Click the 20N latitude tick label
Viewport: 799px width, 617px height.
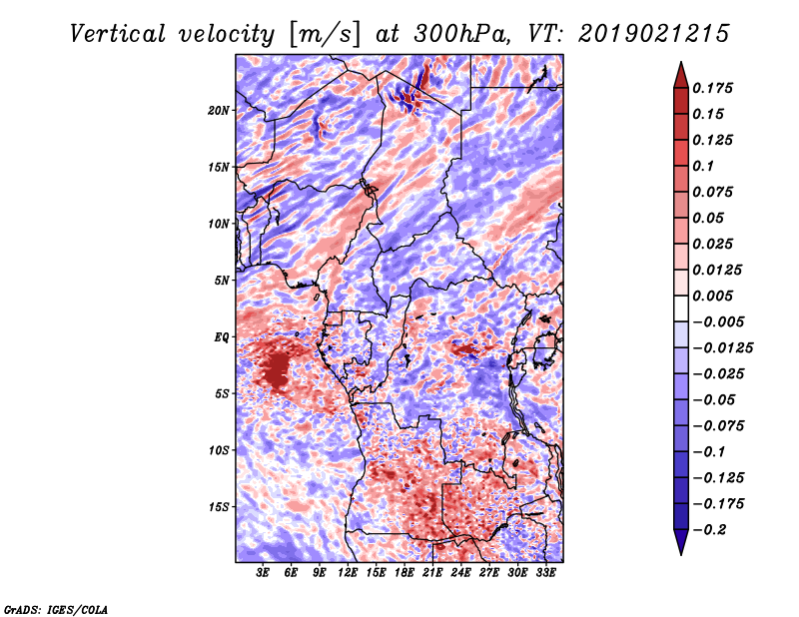tap(219, 111)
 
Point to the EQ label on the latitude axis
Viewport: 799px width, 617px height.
tap(222, 337)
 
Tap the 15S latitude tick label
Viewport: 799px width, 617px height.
tap(219, 507)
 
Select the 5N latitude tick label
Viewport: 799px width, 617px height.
tap(222, 281)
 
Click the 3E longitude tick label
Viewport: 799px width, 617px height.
tap(263, 573)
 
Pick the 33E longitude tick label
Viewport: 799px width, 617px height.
tap(545, 573)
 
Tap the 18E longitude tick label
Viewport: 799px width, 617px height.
tap(404, 573)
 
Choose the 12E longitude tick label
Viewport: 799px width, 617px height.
tap(348, 573)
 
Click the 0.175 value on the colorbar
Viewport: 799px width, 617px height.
tap(712, 88)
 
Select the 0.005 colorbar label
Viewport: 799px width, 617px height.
tap(712, 296)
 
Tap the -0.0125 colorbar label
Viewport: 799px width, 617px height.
tap(722, 348)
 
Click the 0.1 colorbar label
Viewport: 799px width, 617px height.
tap(703, 166)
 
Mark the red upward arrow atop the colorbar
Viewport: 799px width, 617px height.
tap(681, 76)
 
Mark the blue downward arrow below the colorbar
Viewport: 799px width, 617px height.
tap(681, 542)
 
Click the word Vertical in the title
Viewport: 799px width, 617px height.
tap(118, 34)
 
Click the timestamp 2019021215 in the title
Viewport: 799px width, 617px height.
tap(654, 34)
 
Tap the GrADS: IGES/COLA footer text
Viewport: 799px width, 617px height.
tap(56, 609)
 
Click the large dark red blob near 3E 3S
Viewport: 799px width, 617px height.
tap(278, 369)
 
